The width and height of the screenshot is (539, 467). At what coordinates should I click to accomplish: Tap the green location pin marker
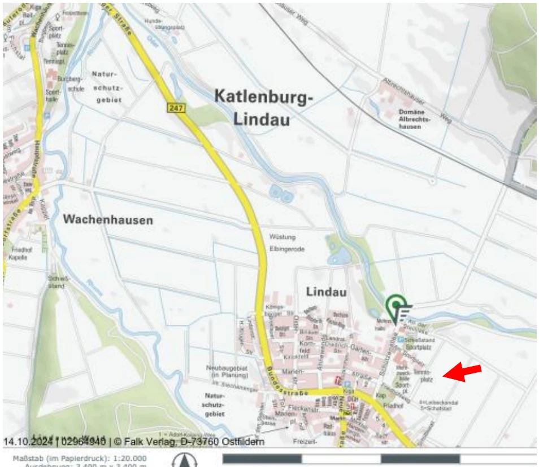tap(397, 305)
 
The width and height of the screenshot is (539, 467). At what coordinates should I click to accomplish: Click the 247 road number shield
tap(176, 107)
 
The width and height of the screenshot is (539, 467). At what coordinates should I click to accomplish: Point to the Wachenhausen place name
tap(107, 219)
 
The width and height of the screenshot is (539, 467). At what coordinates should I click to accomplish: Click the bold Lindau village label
tap(326, 292)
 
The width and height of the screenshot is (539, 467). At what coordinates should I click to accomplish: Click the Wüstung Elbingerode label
tap(282, 241)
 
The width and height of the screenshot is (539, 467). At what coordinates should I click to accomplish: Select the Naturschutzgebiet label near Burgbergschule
tap(107, 87)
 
